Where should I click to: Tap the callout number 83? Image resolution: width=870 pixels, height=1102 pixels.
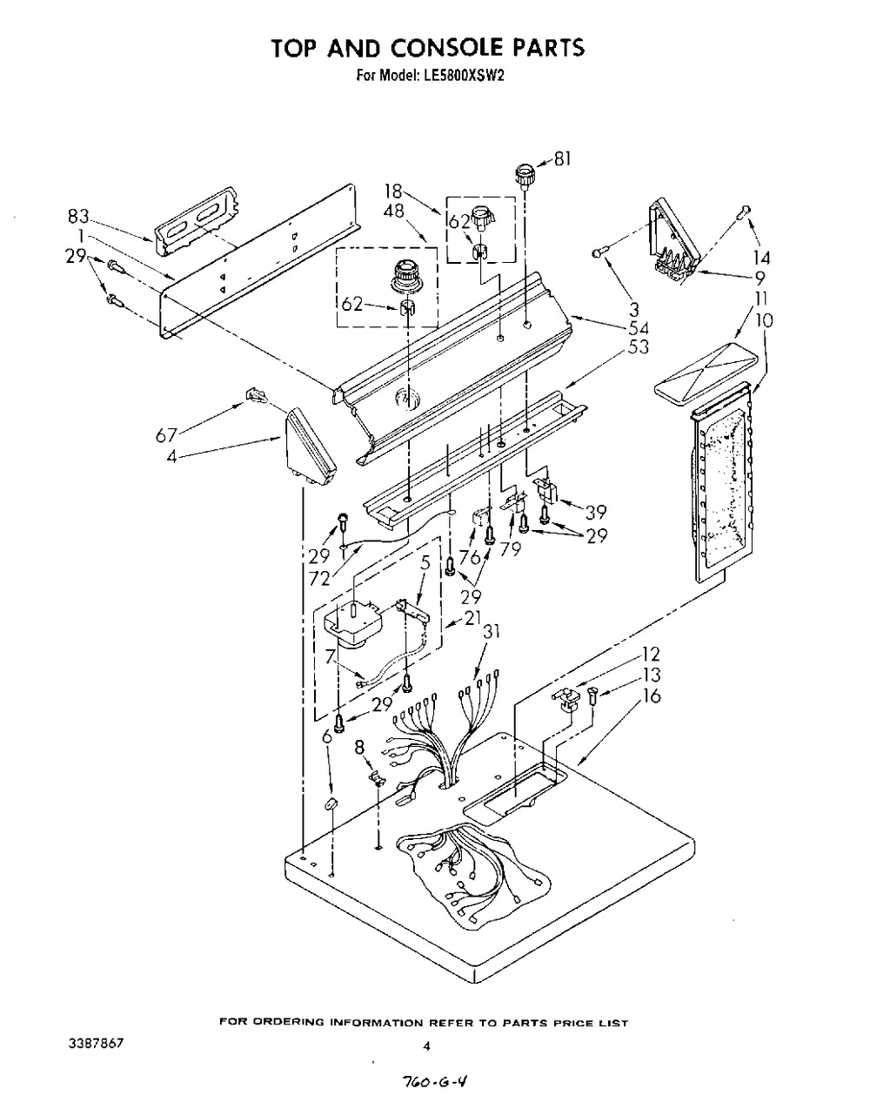pyautogui.click(x=78, y=217)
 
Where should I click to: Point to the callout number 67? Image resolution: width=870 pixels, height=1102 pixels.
pyautogui.click(x=165, y=436)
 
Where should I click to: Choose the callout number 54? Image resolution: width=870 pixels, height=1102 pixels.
pyautogui.click(x=639, y=328)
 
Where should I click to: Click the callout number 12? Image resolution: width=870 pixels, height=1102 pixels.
pyautogui.click(x=651, y=655)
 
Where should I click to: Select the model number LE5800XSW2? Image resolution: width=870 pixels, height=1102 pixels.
pyautogui.click(x=464, y=76)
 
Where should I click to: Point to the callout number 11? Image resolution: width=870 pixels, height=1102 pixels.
pyautogui.click(x=761, y=299)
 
